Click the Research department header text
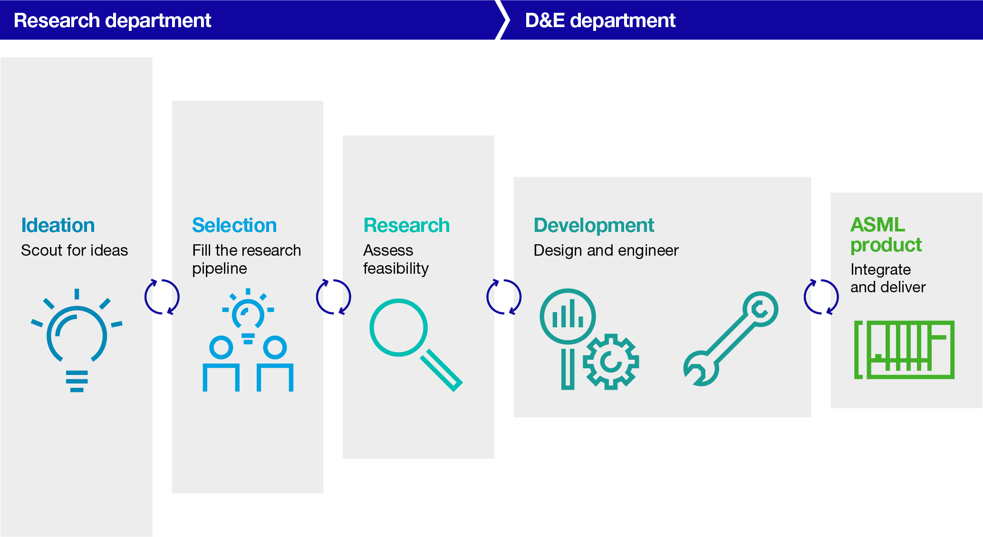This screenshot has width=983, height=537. point(112,20)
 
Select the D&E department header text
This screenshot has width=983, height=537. point(600,20)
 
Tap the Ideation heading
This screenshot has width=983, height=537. point(58,225)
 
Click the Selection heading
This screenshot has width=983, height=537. point(234,225)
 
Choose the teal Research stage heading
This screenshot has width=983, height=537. point(406,225)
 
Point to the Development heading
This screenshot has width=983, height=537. point(594,225)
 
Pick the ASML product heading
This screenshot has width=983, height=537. point(886,235)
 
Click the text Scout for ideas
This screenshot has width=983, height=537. point(75,250)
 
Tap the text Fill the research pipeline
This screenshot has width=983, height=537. point(246,259)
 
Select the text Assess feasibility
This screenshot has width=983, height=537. point(395,259)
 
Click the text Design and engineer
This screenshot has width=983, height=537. point(606,250)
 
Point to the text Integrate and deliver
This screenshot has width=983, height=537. point(887,278)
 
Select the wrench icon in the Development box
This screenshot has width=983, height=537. point(731,338)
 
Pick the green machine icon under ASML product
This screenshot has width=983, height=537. point(904,349)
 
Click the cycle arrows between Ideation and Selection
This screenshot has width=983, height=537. point(162,297)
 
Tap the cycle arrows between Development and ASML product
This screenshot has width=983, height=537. point(821,297)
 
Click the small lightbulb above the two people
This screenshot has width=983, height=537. point(248,314)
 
